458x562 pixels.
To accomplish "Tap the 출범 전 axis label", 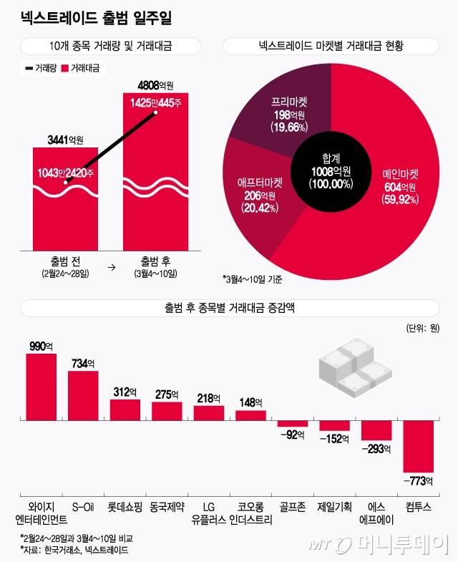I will (64, 261).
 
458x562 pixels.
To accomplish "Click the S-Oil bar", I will (83, 394).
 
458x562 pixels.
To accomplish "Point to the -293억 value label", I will (376, 449).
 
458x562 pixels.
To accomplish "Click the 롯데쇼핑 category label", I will (125, 506).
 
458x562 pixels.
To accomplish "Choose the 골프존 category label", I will (292, 506).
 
